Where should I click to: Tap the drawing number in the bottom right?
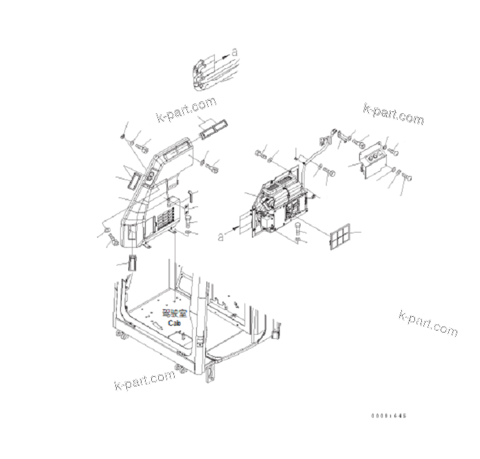click(x=390, y=416)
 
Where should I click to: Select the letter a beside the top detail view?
click(x=234, y=52)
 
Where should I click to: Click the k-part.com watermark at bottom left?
click(x=144, y=380)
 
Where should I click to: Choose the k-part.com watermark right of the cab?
click(x=428, y=322)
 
